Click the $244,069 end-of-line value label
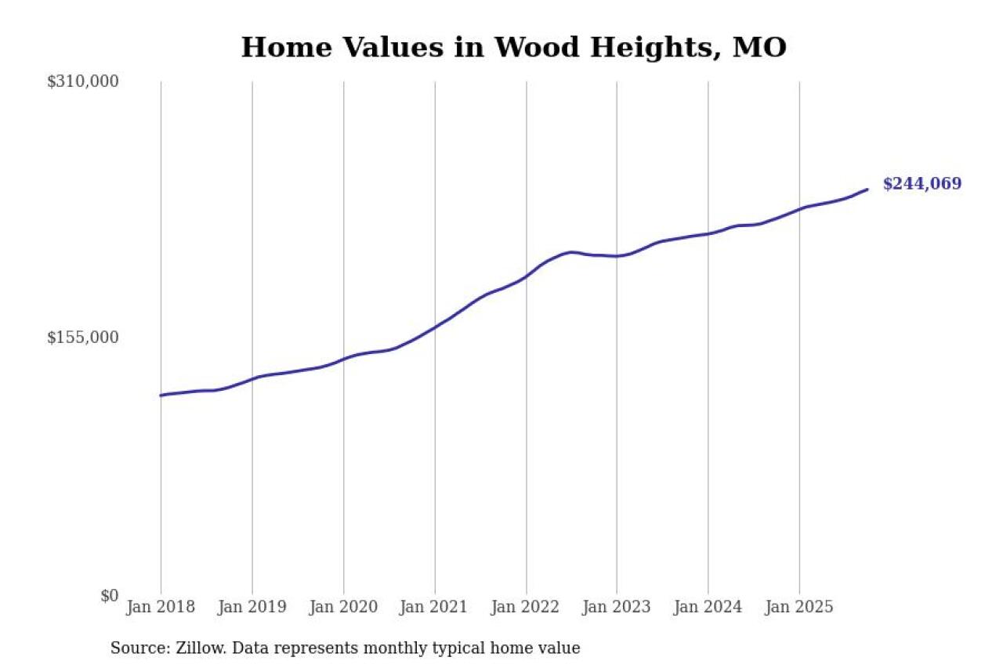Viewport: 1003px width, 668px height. (x=922, y=184)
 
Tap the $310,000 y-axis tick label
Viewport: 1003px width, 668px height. (x=82, y=81)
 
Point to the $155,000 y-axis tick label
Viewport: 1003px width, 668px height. (x=82, y=338)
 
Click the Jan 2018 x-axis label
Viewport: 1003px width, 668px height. (x=161, y=607)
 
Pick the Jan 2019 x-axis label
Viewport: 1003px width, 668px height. (x=252, y=607)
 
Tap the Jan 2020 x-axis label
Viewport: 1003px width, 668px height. (x=343, y=607)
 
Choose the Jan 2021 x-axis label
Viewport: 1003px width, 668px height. (x=434, y=607)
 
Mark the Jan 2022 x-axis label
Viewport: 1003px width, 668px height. (x=526, y=607)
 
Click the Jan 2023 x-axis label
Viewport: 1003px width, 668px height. (x=617, y=607)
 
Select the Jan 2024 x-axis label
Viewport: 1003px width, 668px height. (x=708, y=607)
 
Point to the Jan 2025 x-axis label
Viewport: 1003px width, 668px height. (x=799, y=607)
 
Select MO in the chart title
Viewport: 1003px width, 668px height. (x=759, y=48)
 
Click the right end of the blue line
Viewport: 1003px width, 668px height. (x=867, y=189)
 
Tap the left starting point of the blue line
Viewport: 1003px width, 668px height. (x=161, y=395)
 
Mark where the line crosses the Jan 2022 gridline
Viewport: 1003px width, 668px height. (x=526, y=276)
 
